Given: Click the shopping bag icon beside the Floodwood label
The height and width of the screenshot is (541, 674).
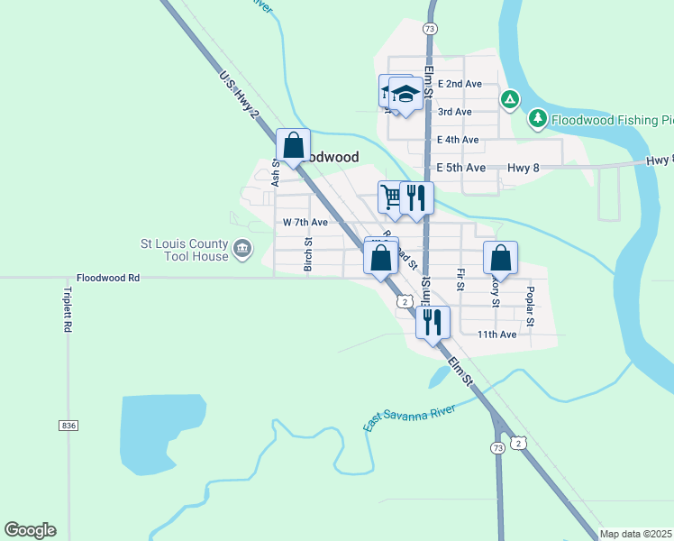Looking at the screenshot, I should tap(294, 146).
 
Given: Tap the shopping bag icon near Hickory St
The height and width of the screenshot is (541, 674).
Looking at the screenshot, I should tap(501, 259).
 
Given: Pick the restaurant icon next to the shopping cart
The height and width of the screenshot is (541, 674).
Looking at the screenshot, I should tap(416, 197).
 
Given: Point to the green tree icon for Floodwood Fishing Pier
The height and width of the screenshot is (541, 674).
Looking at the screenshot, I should tap(538, 118).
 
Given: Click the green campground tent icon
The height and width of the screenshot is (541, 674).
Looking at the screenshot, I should tap(509, 99).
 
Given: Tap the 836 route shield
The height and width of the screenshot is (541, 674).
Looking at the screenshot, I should tap(68, 425).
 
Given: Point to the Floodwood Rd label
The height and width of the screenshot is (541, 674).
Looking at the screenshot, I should tap(108, 279).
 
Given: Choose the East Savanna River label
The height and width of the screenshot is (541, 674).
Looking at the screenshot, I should tap(410, 417).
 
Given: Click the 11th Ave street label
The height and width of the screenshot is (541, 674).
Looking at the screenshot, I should tap(497, 335).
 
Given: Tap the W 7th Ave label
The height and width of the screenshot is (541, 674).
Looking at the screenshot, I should tap(305, 222).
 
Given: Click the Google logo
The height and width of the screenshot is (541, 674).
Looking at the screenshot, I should tap(30, 530).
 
